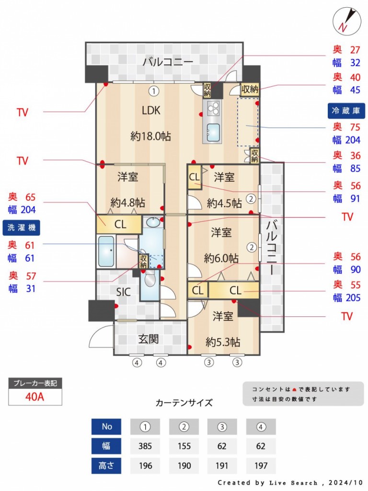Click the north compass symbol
pyautogui.click(x=346, y=21)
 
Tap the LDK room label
pyautogui.click(x=151, y=110)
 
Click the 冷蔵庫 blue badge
pyautogui.click(x=346, y=111)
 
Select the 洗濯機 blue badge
pyautogui.click(x=21, y=228)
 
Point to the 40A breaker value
pyautogui.click(x=34, y=397)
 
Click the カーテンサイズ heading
pyautogui.click(x=184, y=402)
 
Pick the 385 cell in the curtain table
pyautogui.click(x=145, y=446)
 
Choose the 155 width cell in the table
pyautogui.click(x=184, y=446)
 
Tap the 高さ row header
pyautogui.click(x=106, y=466)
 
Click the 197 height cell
pyautogui.click(x=261, y=466)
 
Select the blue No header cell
pyautogui.click(x=106, y=426)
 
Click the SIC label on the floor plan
pyautogui.click(x=123, y=292)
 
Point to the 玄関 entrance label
pyautogui.click(x=149, y=339)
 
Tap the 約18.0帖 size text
pyautogui.click(x=150, y=136)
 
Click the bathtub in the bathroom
pyautogui.click(x=106, y=251)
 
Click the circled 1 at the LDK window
pyautogui.click(x=153, y=91)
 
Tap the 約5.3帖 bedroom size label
pyautogui.click(x=223, y=342)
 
